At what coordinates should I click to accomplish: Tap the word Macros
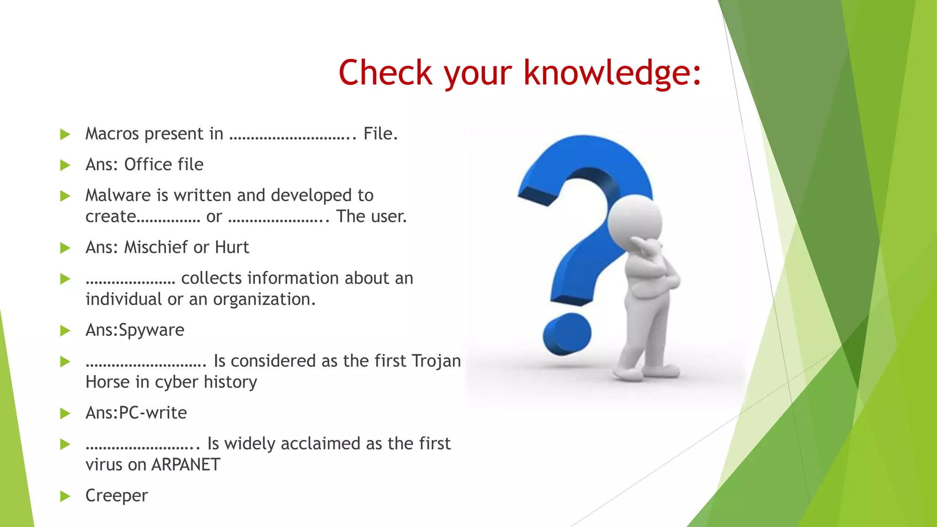112,134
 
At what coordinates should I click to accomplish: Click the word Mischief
156,247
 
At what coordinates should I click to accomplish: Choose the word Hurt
232,247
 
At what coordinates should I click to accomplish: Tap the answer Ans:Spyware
135,330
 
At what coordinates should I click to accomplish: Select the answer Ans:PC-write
136,413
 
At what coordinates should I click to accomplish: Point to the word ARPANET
186,465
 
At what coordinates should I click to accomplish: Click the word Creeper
117,496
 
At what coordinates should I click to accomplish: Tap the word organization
264,300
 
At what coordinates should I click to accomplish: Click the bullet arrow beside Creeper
65,496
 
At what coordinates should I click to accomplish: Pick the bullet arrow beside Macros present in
65,134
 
